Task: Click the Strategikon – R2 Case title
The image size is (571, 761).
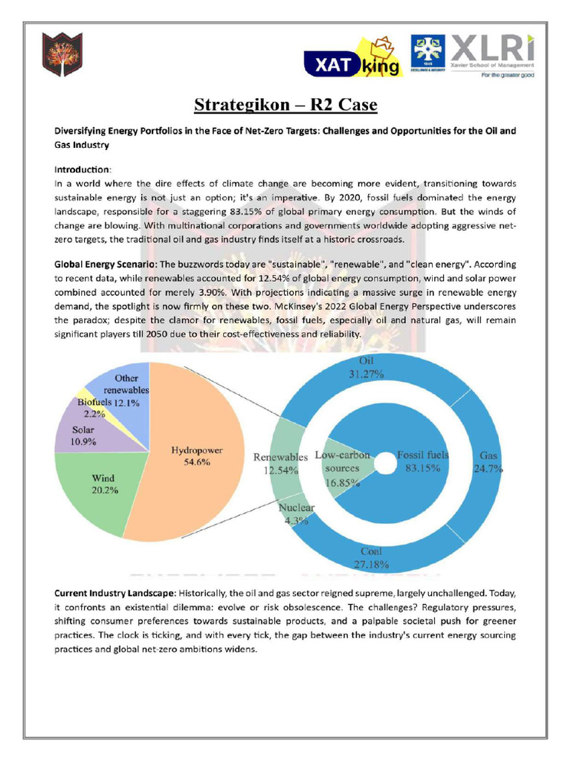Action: (x=285, y=104)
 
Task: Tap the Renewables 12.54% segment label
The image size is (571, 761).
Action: (x=280, y=463)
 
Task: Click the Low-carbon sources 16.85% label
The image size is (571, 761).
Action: (x=342, y=468)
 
